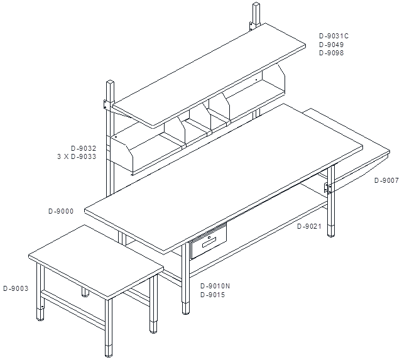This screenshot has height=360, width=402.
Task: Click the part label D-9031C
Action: (334, 36)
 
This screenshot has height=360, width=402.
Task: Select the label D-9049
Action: (331, 45)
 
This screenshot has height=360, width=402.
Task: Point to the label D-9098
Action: (331, 53)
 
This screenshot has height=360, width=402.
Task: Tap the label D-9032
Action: (84, 148)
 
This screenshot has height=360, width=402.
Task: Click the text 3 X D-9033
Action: (77, 156)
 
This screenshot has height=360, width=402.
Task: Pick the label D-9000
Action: (61, 211)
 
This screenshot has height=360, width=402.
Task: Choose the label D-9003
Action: (16, 288)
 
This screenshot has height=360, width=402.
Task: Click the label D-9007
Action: (387, 180)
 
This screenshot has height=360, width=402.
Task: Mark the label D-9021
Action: (309, 226)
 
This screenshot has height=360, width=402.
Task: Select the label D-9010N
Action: (215, 286)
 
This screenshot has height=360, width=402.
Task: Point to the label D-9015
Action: (212, 295)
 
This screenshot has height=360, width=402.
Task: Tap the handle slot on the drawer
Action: (209, 243)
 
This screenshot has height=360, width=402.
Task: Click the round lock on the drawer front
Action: (209, 237)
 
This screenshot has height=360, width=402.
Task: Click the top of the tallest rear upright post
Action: (256, 4)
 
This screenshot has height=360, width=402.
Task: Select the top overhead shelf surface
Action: (209, 75)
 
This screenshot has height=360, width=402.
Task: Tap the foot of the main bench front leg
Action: (186, 308)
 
